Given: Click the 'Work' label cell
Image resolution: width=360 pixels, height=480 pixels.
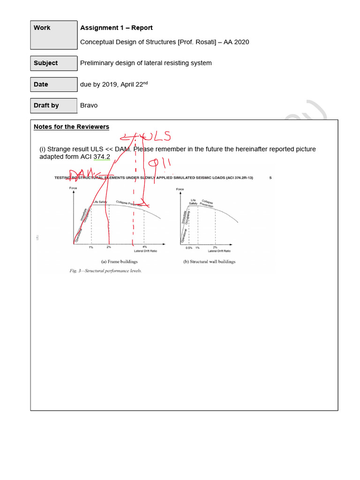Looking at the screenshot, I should click(x=53, y=35).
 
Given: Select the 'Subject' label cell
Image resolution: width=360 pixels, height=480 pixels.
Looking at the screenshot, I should click(x=53, y=63).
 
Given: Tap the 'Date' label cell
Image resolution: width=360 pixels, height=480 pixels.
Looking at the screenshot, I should click(x=53, y=84).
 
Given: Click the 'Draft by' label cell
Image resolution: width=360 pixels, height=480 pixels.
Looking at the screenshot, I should click(x=53, y=105).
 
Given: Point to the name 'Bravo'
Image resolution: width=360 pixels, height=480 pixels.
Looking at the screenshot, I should click(x=89, y=105).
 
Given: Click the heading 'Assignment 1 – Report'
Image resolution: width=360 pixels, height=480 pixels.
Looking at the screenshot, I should click(x=116, y=28).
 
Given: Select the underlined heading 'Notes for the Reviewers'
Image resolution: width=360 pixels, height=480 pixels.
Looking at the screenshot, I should click(x=71, y=127).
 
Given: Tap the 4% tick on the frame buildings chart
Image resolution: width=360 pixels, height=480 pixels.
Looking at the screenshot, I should click(x=144, y=247).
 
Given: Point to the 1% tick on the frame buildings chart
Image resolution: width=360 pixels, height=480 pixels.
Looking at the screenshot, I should click(x=91, y=247).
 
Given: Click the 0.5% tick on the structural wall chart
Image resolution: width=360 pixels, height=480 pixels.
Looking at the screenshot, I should click(x=189, y=247).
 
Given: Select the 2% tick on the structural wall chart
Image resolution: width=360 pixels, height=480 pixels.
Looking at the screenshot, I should click(x=215, y=247).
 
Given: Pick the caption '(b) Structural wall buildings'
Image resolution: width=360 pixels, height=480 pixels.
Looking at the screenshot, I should click(x=209, y=262).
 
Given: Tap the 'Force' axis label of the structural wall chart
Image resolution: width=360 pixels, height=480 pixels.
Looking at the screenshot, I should click(x=180, y=189).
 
